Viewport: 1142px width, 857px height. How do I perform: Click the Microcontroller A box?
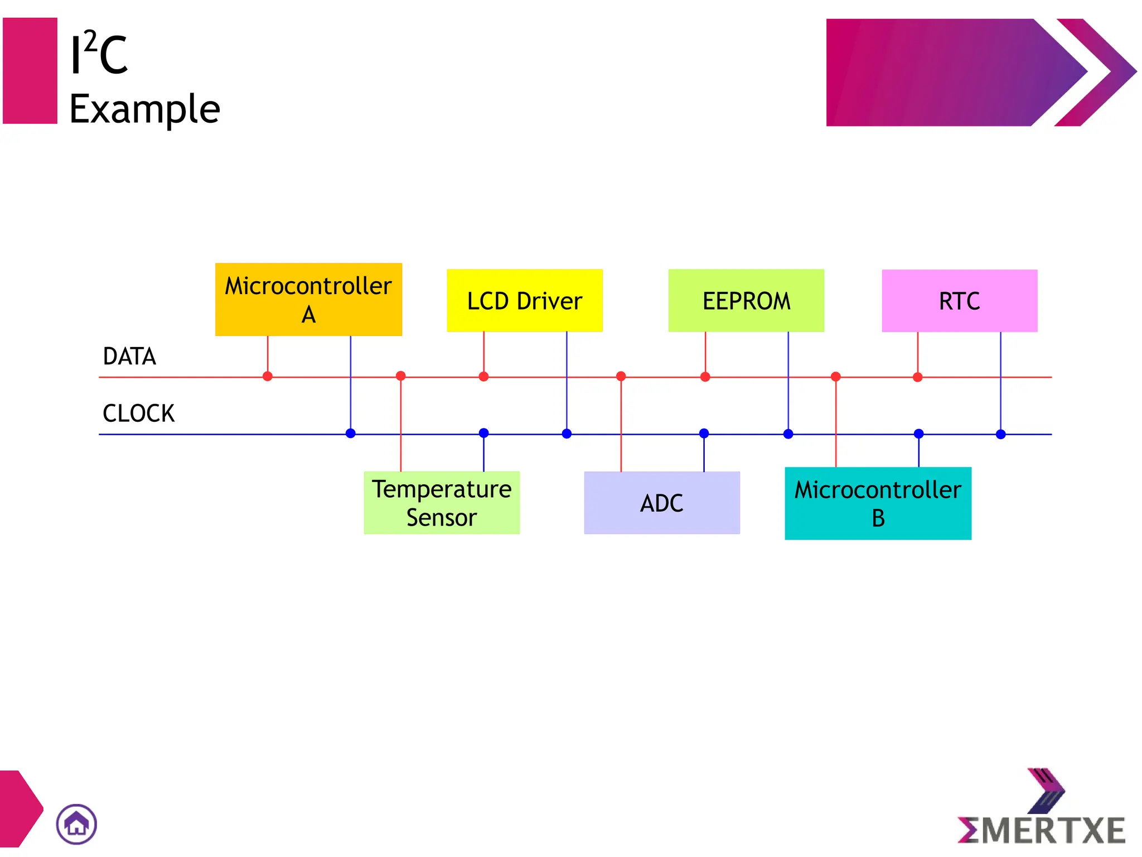click(x=308, y=300)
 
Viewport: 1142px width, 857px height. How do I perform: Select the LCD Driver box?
click(x=524, y=301)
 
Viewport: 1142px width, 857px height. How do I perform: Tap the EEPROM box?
click(x=746, y=301)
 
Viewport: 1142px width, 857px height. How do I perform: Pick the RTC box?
click(x=959, y=301)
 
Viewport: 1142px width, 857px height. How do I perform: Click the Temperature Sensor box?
click(x=442, y=503)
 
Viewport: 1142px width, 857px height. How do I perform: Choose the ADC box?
click(x=662, y=503)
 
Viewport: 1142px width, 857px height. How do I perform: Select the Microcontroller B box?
click(x=878, y=503)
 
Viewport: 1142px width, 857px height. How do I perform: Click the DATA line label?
click(x=129, y=357)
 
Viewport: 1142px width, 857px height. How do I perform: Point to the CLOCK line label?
click(x=138, y=413)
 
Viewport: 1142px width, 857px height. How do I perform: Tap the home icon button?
click(x=76, y=824)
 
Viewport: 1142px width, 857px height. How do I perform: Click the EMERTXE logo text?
click(x=1042, y=830)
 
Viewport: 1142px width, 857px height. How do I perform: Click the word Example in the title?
click(x=144, y=109)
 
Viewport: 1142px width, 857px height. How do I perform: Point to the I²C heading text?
click(x=99, y=55)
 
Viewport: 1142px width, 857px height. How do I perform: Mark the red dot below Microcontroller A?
click(x=268, y=377)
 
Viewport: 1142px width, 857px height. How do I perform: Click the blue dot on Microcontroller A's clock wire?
click(x=350, y=434)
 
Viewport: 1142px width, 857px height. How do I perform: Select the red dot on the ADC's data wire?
click(x=621, y=377)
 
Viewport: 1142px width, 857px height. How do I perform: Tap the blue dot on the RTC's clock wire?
click(x=1001, y=434)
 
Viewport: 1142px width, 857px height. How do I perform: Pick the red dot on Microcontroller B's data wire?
click(x=835, y=377)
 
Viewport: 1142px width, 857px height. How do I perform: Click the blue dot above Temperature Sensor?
click(x=483, y=433)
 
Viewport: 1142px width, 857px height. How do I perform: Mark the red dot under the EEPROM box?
click(x=705, y=377)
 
